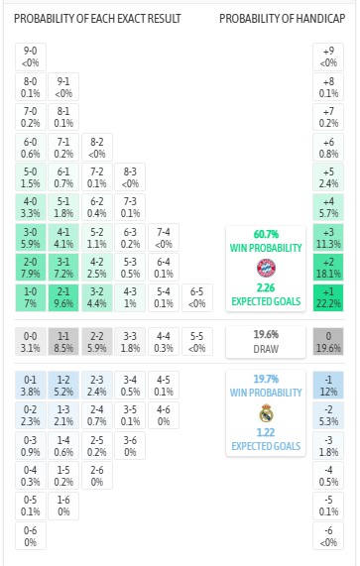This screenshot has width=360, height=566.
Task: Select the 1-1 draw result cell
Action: (64, 342)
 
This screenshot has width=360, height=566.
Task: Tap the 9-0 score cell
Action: (31, 57)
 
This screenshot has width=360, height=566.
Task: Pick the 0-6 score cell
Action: (31, 536)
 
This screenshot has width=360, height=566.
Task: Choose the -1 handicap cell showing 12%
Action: (328, 384)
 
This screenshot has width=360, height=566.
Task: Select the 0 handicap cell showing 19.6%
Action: (328, 342)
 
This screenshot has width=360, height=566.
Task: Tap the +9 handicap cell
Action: (328, 57)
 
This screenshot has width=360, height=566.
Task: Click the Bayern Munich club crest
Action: (265, 268)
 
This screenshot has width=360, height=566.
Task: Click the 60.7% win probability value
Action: (265, 235)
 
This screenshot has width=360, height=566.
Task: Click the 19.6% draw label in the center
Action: (265, 335)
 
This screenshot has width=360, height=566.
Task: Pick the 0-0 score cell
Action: (31, 342)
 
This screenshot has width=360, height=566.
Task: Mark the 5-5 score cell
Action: (195, 342)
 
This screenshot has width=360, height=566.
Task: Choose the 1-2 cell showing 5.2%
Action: (64, 384)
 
